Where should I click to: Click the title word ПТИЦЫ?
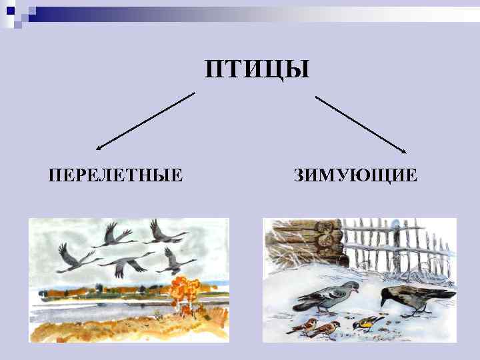(x=257, y=69)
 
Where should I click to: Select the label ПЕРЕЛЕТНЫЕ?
(x=116, y=176)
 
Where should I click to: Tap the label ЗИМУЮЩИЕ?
(x=355, y=176)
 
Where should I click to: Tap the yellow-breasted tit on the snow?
(x=364, y=324)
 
